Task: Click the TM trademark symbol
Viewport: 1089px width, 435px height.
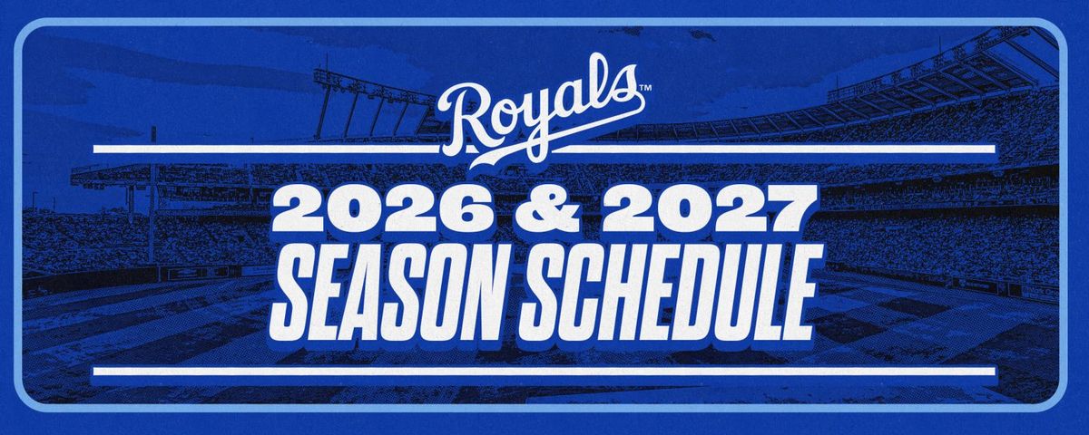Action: pos(644,89)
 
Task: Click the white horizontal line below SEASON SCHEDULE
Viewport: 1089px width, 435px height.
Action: pos(544,372)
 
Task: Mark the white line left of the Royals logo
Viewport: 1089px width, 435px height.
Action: pos(268,149)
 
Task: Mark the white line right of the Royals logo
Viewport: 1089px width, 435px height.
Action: pos(774,149)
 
